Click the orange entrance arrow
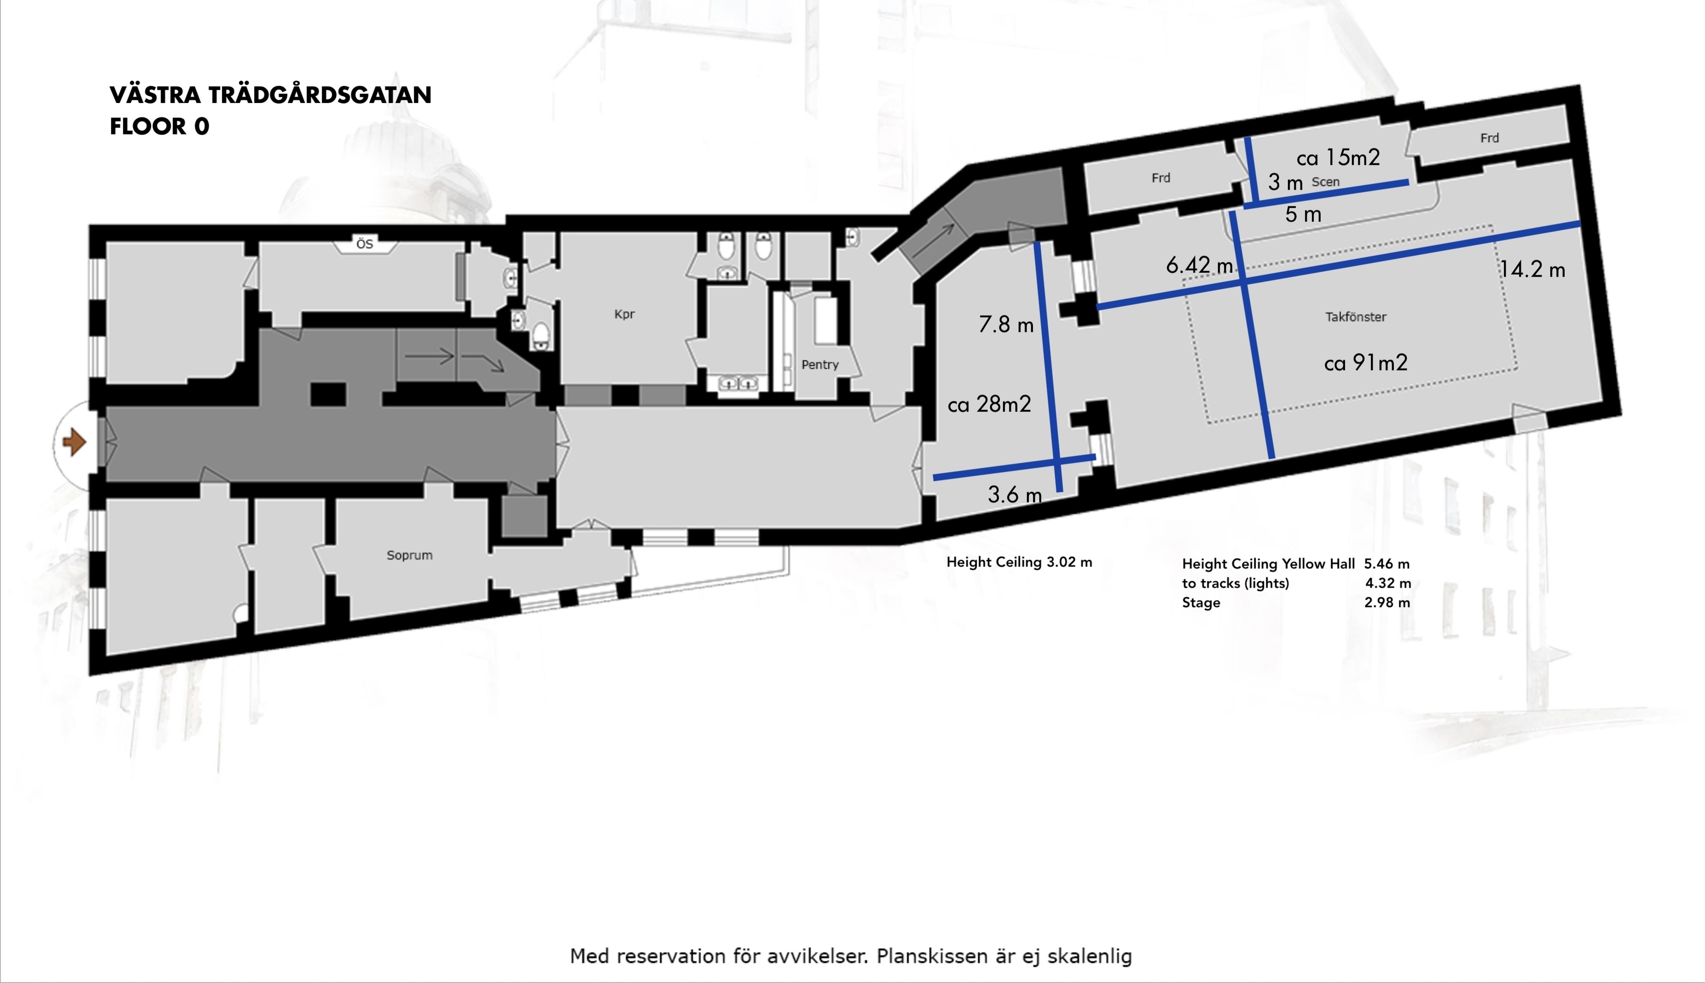74,443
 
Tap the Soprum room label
409,555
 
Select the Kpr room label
625,314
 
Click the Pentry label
820,364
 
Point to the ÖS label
365,244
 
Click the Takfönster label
1356,317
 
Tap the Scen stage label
1326,182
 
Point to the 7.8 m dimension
1006,325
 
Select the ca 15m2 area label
1338,157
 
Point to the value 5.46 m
1387,564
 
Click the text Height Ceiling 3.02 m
1019,562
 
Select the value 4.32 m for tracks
1388,583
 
